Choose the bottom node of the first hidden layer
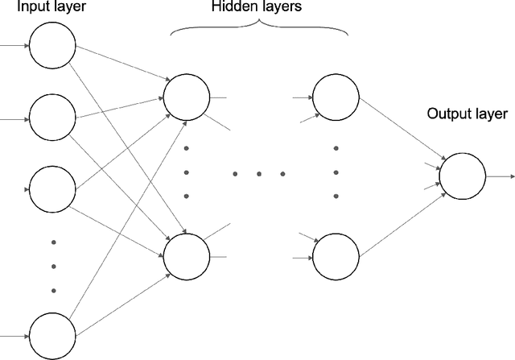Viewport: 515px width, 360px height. coord(185,254)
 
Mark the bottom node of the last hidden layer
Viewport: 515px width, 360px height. coord(335,255)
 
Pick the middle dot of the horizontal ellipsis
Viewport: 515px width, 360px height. coord(259,174)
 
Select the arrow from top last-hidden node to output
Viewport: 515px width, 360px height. coord(399,132)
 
